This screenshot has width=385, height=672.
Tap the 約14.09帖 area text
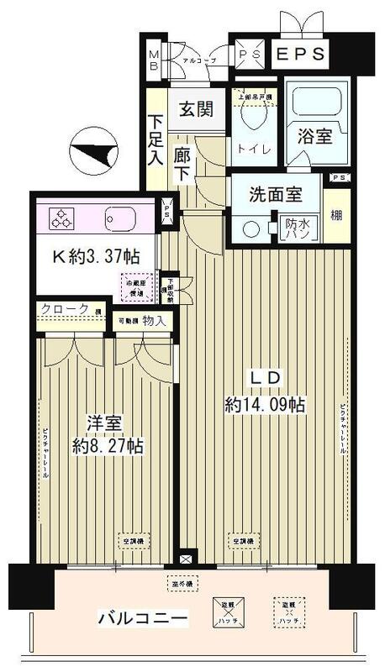pos(265,405)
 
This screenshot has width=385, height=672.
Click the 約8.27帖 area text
pos(107,445)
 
